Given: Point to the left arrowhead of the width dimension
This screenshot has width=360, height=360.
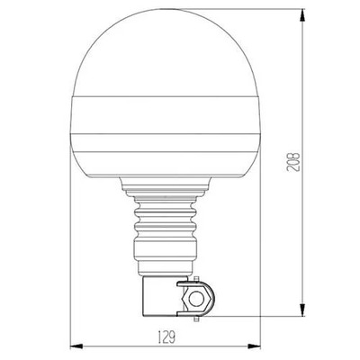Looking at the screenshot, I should pyautogui.click(x=74, y=346).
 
